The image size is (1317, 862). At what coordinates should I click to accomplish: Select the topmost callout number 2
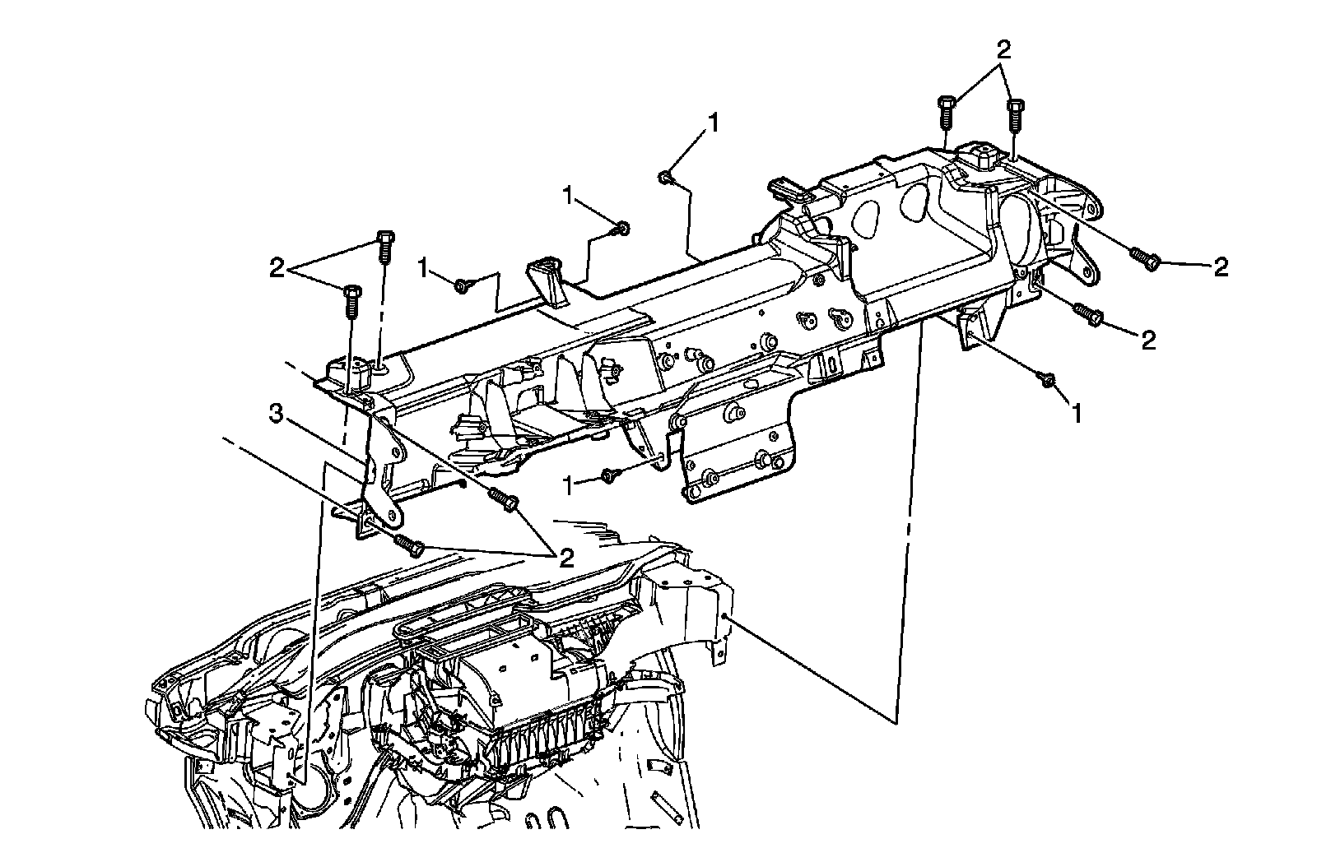tap(1003, 49)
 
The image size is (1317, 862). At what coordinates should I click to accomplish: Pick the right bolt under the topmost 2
tap(1016, 114)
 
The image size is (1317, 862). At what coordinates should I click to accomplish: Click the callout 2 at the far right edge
tap(1221, 266)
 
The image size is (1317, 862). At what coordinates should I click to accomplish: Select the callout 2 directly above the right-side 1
tap(1147, 339)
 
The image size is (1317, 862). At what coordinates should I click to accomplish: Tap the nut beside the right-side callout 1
tap(1048, 379)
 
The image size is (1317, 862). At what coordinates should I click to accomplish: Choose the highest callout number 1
tap(713, 123)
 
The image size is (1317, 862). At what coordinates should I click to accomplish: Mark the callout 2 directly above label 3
tap(277, 267)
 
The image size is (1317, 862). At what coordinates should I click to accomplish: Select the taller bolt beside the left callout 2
tap(384, 246)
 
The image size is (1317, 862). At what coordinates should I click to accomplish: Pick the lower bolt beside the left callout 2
tap(351, 300)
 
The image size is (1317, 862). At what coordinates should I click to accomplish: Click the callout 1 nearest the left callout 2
tap(425, 267)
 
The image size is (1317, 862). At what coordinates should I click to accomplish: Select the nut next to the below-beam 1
tap(609, 475)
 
